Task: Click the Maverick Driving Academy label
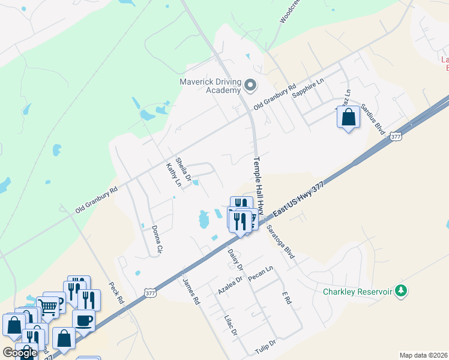[211, 86]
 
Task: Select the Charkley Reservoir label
[357, 292]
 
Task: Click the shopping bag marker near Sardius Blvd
[348, 118]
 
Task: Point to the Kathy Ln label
[173, 174]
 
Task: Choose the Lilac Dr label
[231, 325]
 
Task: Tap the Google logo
[20, 353]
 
